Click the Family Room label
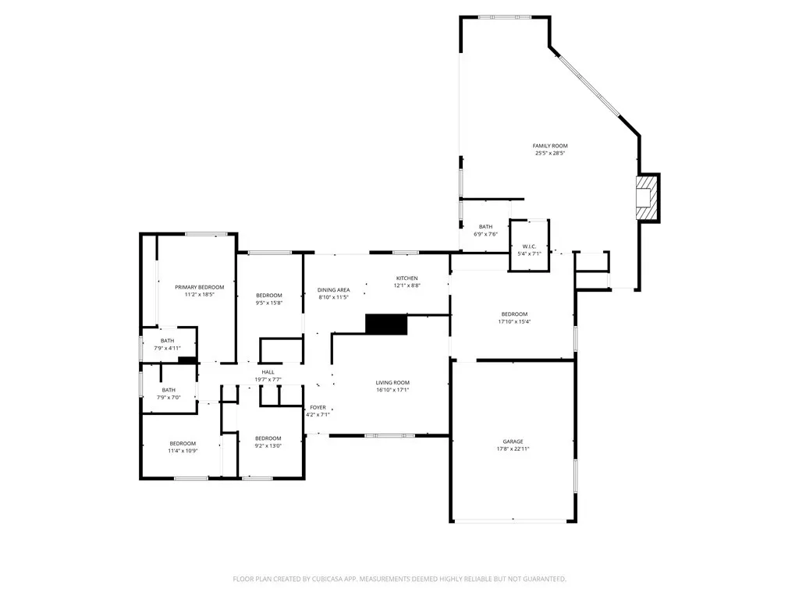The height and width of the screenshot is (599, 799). coord(550,146)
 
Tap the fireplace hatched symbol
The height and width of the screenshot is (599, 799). coord(645,197)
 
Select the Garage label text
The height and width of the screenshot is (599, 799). coord(513,441)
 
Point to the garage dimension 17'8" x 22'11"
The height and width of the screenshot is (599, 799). coord(513,448)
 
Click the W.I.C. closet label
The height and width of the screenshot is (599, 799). coord(529,246)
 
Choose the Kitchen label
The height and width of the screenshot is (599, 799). coord(407,278)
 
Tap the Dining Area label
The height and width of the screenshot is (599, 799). coord(334,290)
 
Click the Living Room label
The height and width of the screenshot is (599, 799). coord(392,382)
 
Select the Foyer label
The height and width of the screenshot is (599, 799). coord(318,407)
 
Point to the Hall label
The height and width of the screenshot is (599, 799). coord(268,372)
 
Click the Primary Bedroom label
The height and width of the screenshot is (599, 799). coord(199,287)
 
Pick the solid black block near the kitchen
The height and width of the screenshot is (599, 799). coord(386,324)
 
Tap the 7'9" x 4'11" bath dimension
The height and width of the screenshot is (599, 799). coord(167,349)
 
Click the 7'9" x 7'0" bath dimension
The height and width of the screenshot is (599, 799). coord(169,397)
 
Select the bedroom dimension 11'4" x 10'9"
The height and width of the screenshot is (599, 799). coord(183,451)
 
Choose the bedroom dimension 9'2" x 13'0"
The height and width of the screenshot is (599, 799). coord(268,445)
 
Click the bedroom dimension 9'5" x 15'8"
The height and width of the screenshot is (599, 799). coord(268,303)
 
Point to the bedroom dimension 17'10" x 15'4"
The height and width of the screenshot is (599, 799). coord(514,321)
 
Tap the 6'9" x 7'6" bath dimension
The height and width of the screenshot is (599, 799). coord(485,234)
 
